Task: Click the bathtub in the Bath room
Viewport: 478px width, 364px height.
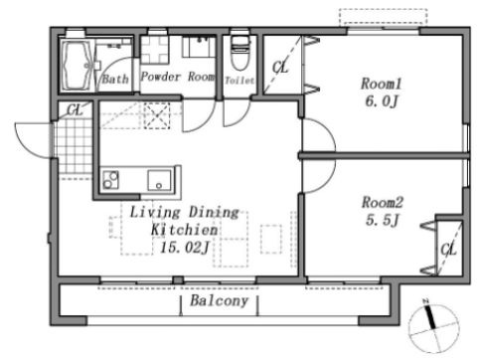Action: [x=78, y=65]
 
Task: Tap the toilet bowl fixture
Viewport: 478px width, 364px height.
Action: [x=240, y=53]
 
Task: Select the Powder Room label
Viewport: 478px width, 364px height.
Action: [x=178, y=77]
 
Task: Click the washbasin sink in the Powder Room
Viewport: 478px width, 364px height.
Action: [x=200, y=47]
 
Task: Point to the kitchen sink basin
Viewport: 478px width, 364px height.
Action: [x=160, y=180]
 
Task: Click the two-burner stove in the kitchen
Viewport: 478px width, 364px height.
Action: [x=110, y=180]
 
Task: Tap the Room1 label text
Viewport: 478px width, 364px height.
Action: [x=381, y=84]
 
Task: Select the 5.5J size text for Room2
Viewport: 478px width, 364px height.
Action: [x=382, y=220]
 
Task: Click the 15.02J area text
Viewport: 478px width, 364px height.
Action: [x=185, y=248]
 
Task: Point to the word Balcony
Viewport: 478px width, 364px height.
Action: [x=219, y=300]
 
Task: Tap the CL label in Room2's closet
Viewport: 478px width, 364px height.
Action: [x=448, y=250]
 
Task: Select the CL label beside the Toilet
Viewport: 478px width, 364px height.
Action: [x=280, y=68]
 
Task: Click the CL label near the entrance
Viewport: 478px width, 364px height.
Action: [x=75, y=109]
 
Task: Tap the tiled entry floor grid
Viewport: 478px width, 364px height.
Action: [x=75, y=146]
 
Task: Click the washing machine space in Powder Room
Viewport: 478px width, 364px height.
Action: [x=155, y=50]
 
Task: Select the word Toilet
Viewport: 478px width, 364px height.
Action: [x=239, y=81]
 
